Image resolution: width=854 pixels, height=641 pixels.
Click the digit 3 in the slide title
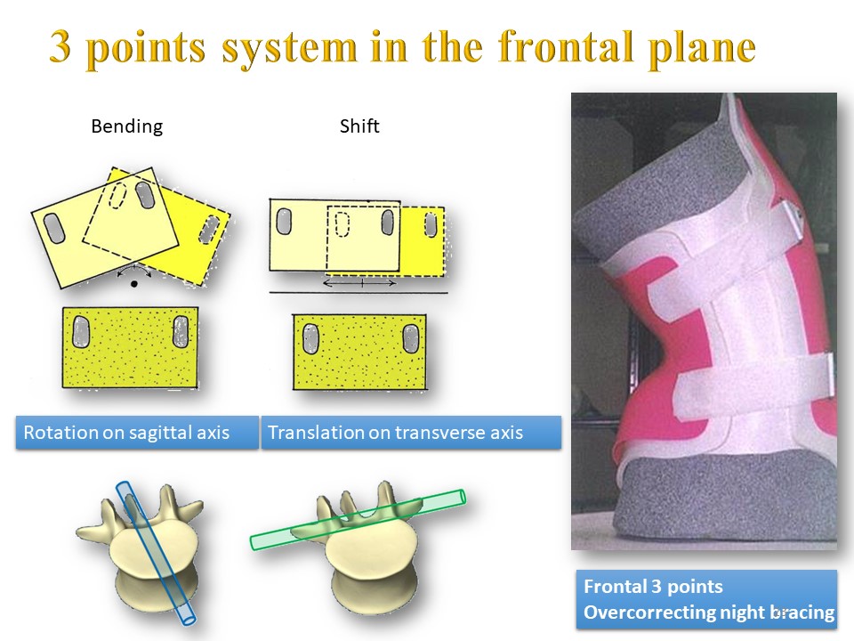coord(60,45)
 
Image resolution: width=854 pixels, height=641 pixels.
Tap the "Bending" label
coord(127,126)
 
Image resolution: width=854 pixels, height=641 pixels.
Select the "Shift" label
coord(359,126)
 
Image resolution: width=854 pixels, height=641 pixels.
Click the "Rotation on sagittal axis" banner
coord(137,433)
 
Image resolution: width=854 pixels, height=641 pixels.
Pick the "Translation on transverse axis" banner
coord(411,433)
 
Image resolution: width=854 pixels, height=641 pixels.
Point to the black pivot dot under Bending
coord(134,283)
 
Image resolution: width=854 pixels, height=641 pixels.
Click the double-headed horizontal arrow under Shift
coord(359,283)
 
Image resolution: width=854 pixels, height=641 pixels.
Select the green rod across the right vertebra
coord(358,519)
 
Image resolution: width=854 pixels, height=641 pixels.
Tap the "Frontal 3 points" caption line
coord(653,587)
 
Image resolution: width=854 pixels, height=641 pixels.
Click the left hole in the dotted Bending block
coord(81,332)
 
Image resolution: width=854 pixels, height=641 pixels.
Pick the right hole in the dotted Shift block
coord(410,338)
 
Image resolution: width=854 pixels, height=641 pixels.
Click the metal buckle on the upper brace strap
coord(793,216)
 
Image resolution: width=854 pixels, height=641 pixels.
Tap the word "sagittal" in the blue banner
coord(162,433)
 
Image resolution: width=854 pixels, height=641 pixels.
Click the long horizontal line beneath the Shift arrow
coord(359,293)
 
